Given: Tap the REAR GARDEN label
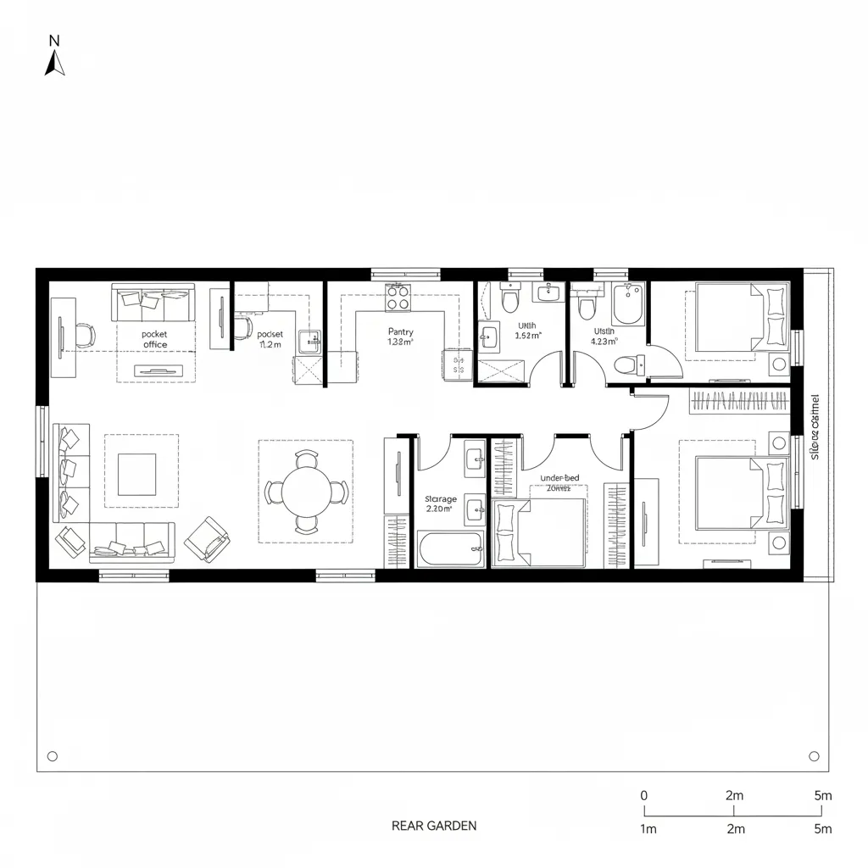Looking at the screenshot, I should (x=434, y=825).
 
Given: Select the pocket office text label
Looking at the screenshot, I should (x=154, y=339).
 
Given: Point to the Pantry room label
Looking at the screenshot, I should (x=400, y=331).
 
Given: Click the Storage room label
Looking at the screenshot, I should (x=441, y=499).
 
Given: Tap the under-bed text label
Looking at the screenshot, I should (x=559, y=478).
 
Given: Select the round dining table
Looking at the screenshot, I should (x=306, y=492).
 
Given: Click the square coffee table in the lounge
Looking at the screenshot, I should (x=136, y=474).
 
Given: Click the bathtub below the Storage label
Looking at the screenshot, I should (x=449, y=549).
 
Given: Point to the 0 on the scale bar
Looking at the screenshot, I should (x=644, y=796).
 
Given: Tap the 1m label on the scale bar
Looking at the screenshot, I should (x=649, y=828).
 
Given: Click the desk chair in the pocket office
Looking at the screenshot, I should (x=85, y=334).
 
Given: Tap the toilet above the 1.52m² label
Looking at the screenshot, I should (x=510, y=301).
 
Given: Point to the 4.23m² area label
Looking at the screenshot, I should (x=604, y=342).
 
